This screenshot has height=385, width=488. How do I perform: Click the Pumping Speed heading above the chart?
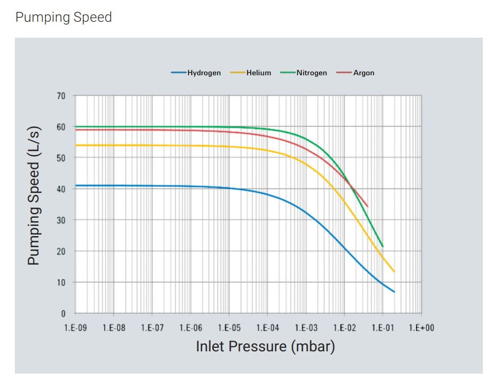[63, 17]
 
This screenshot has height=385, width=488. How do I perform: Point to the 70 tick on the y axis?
[61, 96]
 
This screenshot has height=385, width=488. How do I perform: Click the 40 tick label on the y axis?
[61, 189]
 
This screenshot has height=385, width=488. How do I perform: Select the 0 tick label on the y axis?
[63, 314]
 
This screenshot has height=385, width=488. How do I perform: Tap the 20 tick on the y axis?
[61, 252]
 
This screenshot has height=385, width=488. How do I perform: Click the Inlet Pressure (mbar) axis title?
[265, 346]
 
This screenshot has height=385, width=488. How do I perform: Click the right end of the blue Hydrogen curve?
[394, 292]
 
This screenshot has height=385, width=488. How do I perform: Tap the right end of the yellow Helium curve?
[394, 271]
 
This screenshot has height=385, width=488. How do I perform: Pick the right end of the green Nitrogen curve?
[382, 246]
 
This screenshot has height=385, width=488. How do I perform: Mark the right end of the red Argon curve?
[367, 206]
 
